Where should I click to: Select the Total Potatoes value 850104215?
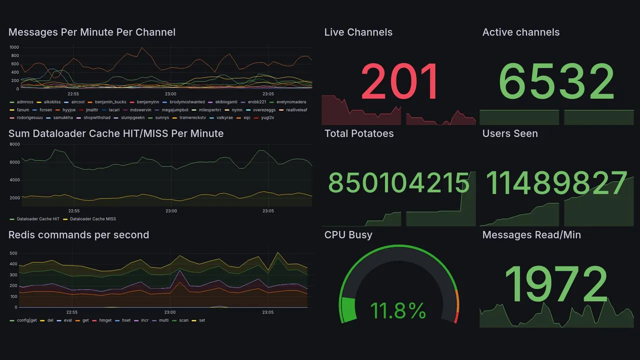point(398,183)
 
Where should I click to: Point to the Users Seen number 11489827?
point(556,183)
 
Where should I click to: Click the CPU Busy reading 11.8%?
point(398,310)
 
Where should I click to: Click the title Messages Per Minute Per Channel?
point(92,32)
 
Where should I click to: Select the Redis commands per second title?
point(79,235)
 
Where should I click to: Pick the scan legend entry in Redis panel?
point(183,320)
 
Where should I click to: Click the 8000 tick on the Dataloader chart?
point(14,144)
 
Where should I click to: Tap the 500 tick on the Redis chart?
point(13,253)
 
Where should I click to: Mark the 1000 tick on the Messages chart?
point(14,47)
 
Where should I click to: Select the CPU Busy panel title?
point(348,235)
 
